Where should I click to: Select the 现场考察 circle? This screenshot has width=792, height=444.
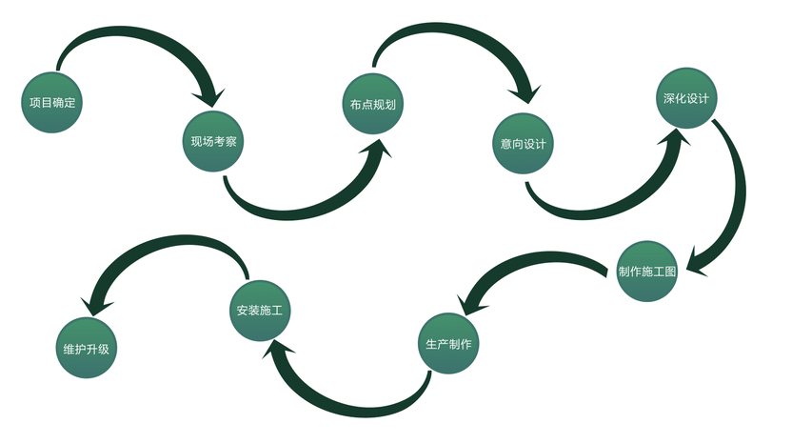click(x=213, y=142)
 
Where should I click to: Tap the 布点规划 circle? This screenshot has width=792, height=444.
click(x=372, y=104)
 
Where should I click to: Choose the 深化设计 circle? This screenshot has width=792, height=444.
click(x=684, y=98)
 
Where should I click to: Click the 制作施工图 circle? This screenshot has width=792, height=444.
click(x=647, y=272)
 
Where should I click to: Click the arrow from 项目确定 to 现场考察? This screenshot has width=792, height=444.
click(x=133, y=38)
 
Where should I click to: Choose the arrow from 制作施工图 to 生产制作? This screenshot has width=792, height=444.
click(x=533, y=262)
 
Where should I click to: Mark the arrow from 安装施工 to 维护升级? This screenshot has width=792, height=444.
click(x=162, y=250)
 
